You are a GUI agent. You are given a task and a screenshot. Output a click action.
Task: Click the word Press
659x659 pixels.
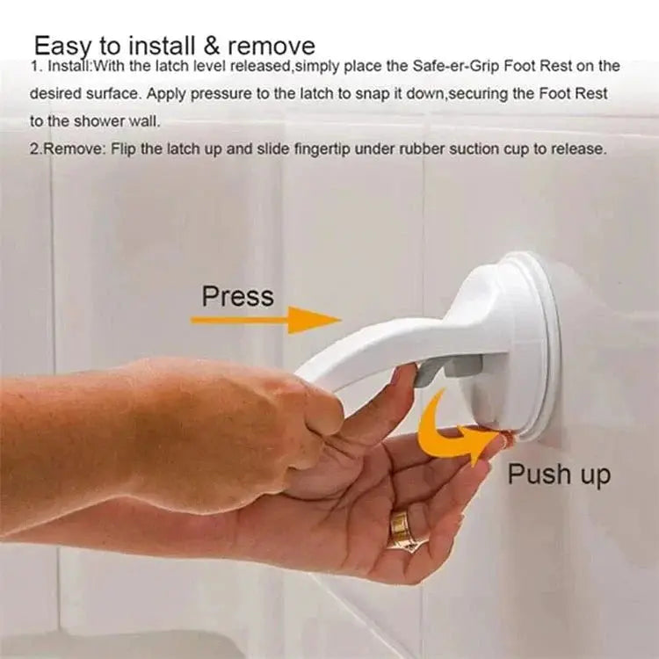click(x=237, y=295)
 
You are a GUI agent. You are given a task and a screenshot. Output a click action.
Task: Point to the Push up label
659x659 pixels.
click(x=558, y=474)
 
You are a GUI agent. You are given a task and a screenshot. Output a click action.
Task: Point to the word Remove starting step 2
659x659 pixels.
click(x=74, y=149)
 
